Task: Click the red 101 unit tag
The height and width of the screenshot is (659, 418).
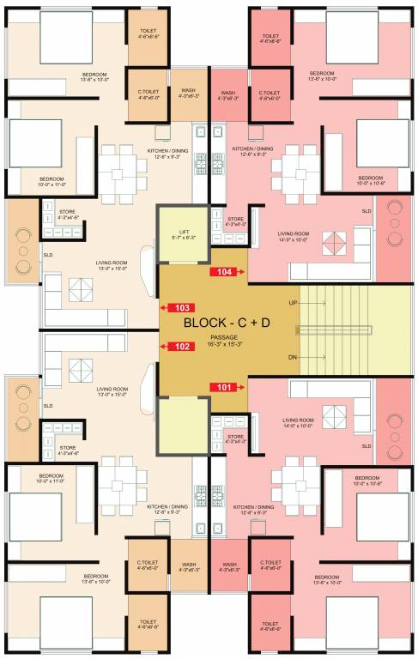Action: click(226, 387)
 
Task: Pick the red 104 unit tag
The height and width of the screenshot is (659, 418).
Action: click(226, 272)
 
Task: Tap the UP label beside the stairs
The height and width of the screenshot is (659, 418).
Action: click(294, 303)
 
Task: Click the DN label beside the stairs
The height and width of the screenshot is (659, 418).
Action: click(294, 355)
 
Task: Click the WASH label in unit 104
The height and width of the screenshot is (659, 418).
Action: click(228, 93)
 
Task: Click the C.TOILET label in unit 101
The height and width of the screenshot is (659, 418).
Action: click(270, 565)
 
